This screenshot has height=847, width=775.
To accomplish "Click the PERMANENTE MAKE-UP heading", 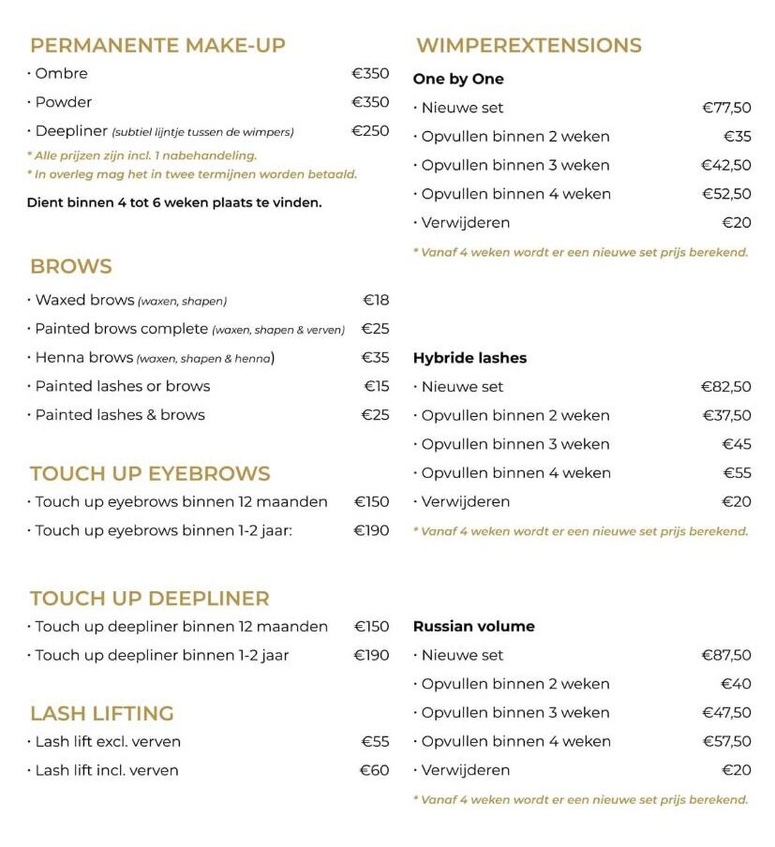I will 157,45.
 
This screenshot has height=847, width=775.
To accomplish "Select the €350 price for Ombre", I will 370,73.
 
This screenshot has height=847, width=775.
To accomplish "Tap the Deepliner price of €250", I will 370,130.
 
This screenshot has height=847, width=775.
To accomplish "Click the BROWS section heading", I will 71,266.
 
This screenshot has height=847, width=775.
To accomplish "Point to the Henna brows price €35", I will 375,357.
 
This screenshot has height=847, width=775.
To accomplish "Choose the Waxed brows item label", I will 84,300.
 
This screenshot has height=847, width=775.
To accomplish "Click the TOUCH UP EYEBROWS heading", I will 150,473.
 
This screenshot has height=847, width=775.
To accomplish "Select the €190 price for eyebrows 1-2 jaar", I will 371,530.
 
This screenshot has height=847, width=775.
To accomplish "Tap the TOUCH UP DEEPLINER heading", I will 150,598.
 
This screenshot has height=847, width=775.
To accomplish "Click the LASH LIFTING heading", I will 102,713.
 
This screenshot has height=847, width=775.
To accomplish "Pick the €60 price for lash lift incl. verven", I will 375,770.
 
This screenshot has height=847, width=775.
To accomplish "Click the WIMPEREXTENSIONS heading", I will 529,45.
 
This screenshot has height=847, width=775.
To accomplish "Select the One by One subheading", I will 458,79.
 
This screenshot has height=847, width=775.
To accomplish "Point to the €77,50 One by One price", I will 726,108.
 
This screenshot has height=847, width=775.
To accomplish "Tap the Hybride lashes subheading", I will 469,358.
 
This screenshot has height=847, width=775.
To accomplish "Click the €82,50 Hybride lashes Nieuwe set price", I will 726,386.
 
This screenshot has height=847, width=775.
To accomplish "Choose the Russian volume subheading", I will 473,626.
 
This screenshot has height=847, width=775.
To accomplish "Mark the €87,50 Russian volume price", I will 726,655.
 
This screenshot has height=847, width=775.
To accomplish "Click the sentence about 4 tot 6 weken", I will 174,201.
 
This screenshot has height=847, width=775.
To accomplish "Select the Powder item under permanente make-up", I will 63,101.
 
